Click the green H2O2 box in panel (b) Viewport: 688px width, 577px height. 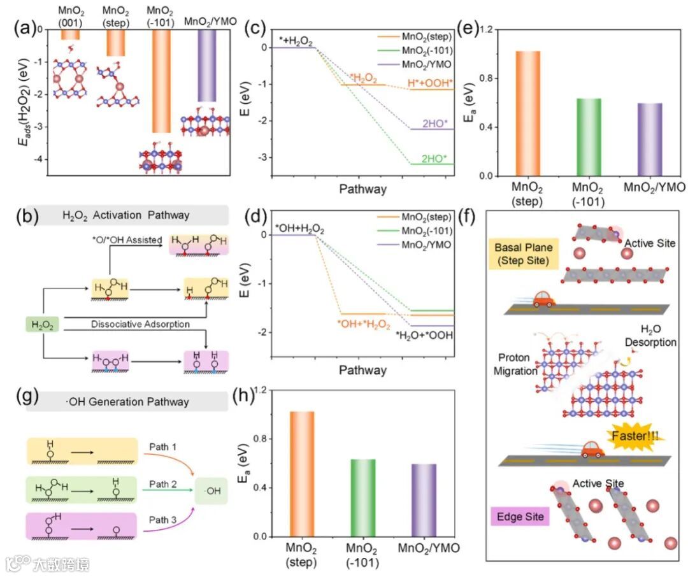pos(43,325)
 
